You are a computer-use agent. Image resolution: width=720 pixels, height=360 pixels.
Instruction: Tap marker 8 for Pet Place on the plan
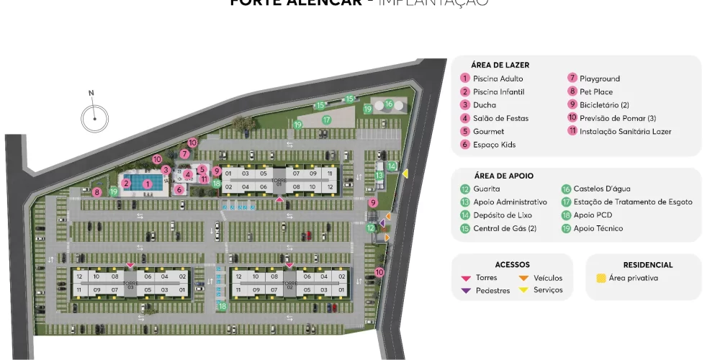(96, 192)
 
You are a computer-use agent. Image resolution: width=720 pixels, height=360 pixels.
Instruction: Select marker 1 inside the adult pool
(147, 184)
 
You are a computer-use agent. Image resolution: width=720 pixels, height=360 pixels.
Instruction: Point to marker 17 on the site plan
(326, 120)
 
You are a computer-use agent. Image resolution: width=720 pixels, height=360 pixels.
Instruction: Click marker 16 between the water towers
(389, 104)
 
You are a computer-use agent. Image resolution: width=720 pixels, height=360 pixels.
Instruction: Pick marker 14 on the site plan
(392, 166)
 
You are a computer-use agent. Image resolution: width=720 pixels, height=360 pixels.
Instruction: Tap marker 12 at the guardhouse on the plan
(372, 228)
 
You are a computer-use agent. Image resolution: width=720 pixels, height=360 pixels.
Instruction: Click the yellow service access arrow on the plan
(405, 174)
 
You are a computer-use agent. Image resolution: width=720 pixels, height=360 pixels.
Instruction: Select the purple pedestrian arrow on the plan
(382, 222)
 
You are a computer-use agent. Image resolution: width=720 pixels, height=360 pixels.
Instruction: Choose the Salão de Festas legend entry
(500, 118)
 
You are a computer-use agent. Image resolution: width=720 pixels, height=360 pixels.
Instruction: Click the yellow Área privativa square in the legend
(600, 278)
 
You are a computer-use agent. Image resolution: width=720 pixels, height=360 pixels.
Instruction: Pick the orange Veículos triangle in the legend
(523, 278)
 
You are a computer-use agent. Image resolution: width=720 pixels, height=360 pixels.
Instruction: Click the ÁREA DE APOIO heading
(503, 176)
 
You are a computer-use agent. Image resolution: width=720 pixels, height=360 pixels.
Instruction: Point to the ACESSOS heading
(512, 265)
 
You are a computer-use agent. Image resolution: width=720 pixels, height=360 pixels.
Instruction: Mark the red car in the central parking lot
(306, 235)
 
